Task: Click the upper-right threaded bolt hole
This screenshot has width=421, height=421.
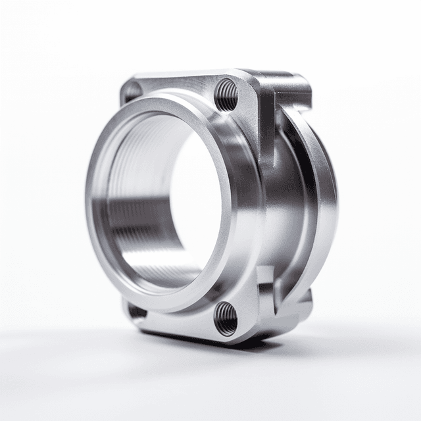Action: click(x=226, y=94)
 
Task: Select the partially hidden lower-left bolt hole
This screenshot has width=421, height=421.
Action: click(x=136, y=310)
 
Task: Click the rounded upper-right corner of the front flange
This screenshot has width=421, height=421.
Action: click(x=248, y=82)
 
